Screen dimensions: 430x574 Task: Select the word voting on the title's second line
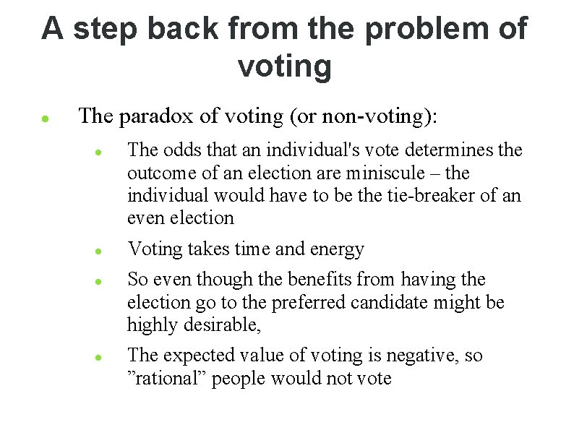(x=284, y=67)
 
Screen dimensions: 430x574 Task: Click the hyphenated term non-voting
(x=382, y=116)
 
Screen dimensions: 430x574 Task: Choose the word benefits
(x=320, y=279)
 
